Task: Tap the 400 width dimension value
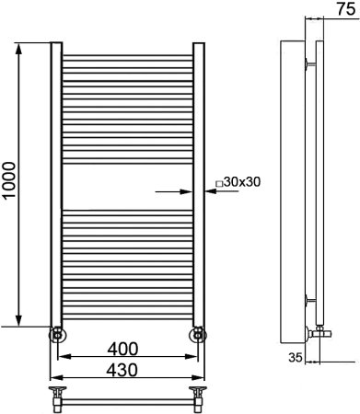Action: point(122,349)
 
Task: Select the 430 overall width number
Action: point(122,370)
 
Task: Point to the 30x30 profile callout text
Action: point(242,182)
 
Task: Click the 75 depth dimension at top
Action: point(346,9)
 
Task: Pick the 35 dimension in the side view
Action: point(296,357)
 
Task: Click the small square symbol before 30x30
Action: point(219,184)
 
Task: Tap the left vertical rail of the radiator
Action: point(56,184)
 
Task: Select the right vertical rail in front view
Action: point(199,184)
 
